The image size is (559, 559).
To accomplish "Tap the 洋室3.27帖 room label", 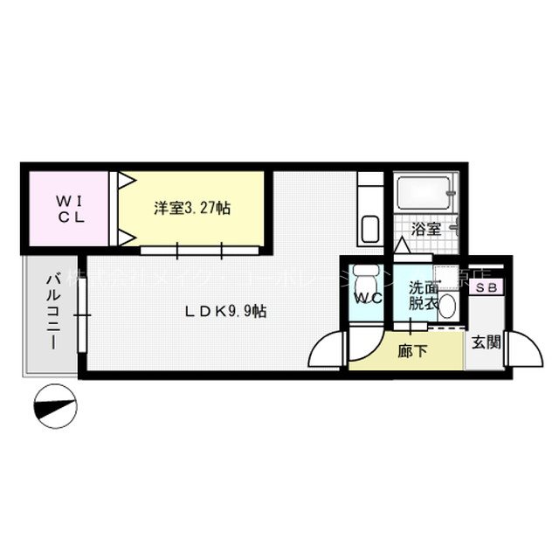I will (x=192, y=208).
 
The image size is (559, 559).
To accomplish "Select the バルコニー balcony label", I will (x=52, y=310).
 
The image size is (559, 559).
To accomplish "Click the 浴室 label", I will (x=426, y=231).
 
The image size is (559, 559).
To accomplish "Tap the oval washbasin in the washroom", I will (x=446, y=307).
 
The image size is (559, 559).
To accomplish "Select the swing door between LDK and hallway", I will (x=330, y=351).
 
